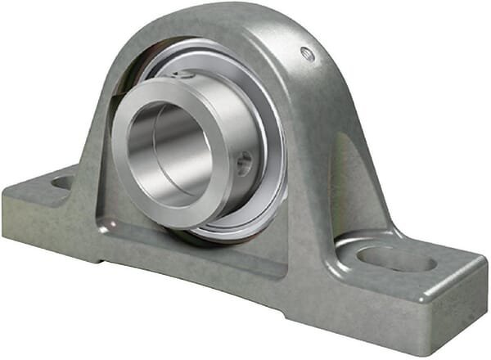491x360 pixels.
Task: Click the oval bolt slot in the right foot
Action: [396, 259]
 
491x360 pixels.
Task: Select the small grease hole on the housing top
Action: [308, 55]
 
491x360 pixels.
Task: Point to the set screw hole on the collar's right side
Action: [244, 164]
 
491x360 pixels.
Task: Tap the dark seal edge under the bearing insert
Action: [205, 238]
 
